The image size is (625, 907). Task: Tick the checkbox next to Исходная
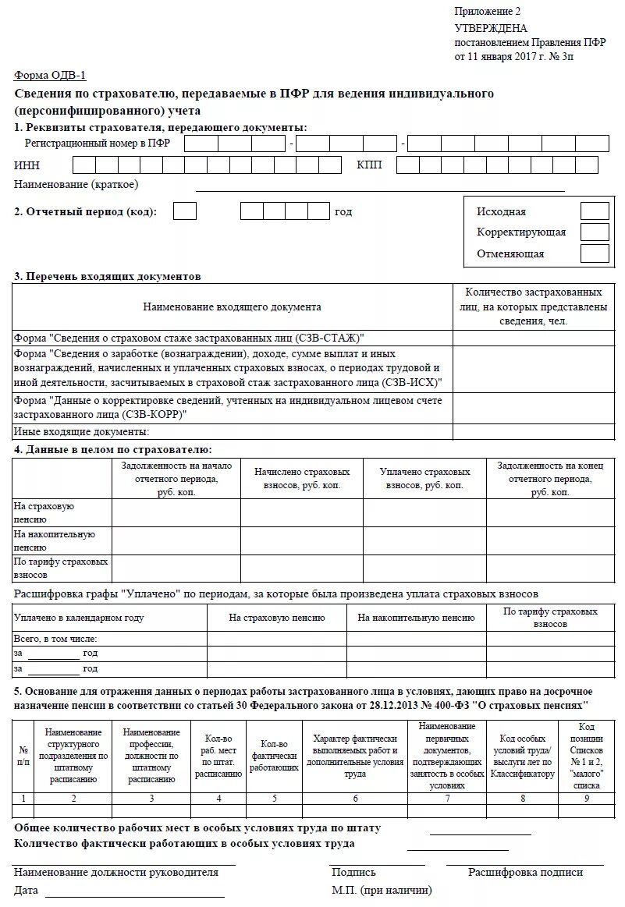[x=595, y=211]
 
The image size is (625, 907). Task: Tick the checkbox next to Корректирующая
[x=595, y=232]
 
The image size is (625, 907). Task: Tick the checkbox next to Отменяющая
[x=595, y=253]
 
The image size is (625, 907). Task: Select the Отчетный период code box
[x=185, y=211]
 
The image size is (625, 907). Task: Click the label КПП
[x=369, y=165]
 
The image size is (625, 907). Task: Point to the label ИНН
[x=27, y=165]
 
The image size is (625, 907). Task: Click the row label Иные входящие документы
[x=81, y=432]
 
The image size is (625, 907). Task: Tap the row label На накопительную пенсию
[x=55, y=540]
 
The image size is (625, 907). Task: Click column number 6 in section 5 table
[x=356, y=798]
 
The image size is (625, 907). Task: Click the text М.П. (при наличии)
[x=382, y=890]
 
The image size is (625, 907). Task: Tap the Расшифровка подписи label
[x=525, y=873]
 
